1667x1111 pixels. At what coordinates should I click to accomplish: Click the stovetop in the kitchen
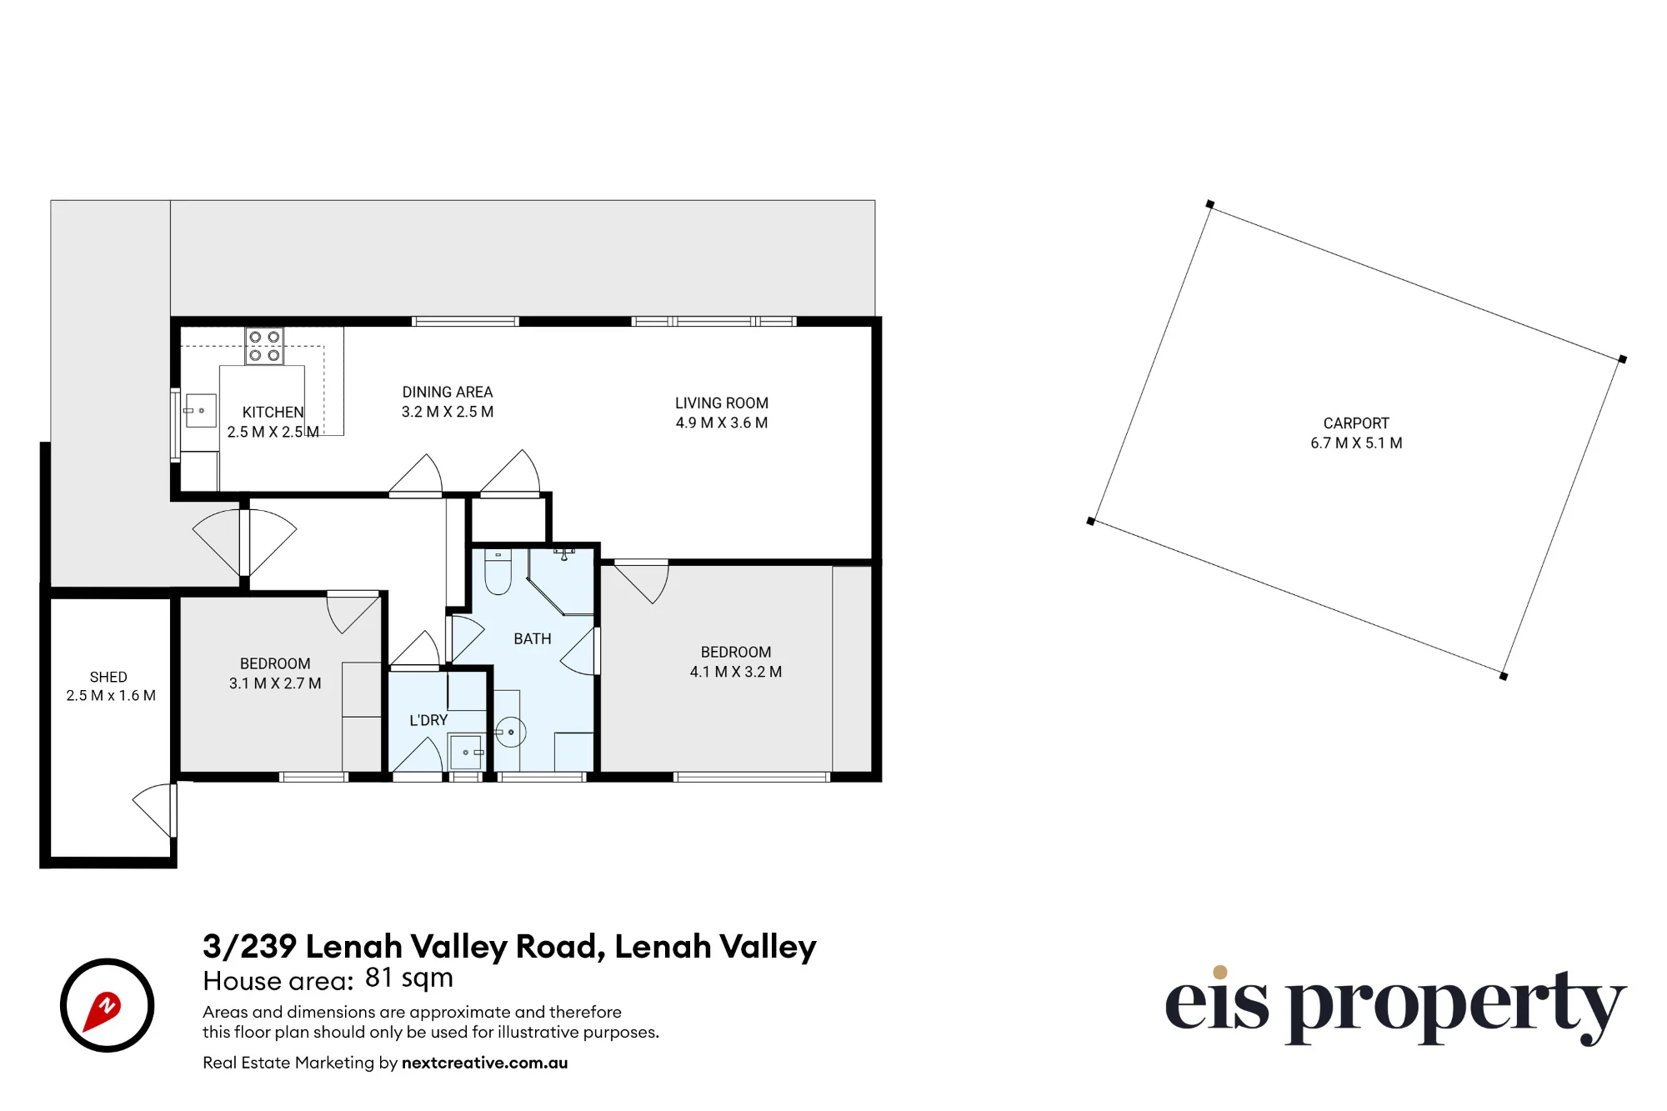click(264, 346)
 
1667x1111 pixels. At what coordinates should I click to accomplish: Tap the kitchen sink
click(200, 411)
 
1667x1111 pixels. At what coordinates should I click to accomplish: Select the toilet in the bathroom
click(498, 572)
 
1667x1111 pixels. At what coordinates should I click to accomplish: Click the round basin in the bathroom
click(510, 733)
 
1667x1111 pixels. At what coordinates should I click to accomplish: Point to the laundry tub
click(466, 753)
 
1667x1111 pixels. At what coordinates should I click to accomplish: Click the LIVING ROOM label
click(722, 403)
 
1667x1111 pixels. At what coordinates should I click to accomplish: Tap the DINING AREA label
click(448, 392)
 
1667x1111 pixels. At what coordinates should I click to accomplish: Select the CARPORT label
click(1356, 423)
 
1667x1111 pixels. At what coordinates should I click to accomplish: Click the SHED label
click(108, 677)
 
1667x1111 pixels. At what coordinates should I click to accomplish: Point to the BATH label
click(533, 639)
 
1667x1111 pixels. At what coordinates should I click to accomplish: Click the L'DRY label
click(428, 720)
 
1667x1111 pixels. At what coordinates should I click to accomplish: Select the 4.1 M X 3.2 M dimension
click(736, 672)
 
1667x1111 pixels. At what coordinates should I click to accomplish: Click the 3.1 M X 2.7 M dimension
click(275, 683)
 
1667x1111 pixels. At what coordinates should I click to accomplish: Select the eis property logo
click(1395, 1006)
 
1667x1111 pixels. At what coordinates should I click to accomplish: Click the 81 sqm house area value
click(409, 978)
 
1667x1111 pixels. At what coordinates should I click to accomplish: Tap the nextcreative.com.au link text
click(484, 1063)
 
